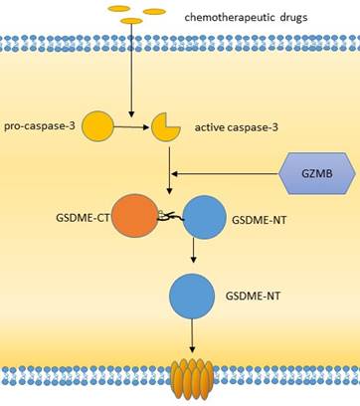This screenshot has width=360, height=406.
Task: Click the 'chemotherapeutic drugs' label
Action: pos(246,17)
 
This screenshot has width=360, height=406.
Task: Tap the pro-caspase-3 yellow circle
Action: pos(97,126)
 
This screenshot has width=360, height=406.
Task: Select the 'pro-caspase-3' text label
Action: pos(40,126)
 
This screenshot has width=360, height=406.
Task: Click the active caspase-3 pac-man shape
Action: pos(164,127)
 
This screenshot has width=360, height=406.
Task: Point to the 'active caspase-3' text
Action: pos(237,127)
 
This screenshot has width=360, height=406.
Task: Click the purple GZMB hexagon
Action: pos(317,173)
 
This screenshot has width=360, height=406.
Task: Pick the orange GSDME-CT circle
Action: pos(135,216)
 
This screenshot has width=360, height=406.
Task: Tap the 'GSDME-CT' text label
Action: pos(83,219)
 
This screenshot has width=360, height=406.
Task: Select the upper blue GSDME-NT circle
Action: pos(205,217)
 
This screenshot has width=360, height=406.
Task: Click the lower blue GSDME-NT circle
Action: pos(192,297)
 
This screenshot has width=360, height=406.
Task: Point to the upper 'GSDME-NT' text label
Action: pos(259,220)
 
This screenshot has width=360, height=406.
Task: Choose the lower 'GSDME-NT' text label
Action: pos(253,296)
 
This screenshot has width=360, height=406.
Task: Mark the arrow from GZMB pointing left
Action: pos(225,173)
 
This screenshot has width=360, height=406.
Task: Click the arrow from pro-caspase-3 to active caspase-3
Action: pos(132,126)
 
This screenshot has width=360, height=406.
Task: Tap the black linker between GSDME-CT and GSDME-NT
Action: pos(171,217)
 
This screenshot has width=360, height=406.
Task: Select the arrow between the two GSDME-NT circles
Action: pos(194,251)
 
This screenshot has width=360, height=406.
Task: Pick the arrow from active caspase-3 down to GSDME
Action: pos(169,170)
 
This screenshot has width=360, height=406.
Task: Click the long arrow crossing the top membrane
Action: pos(131,71)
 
